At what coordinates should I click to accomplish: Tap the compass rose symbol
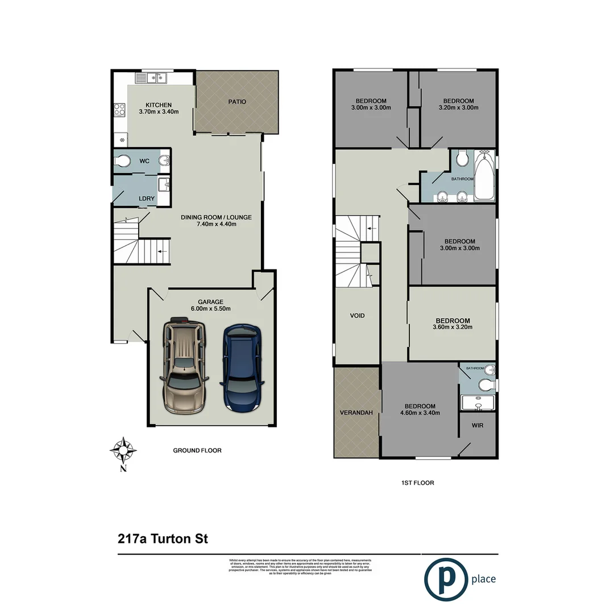pyautogui.click(x=123, y=451)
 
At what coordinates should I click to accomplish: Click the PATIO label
pyautogui.click(x=237, y=102)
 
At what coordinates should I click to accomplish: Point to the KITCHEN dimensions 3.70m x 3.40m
pyautogui.click(x=159, y=112)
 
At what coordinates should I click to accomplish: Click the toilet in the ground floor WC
pyautogui.click(x=121, y=161)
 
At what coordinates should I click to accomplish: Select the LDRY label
pyautogui.click(x=147, y=198)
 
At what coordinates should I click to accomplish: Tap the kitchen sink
pyautogui.click(x=156, y=78)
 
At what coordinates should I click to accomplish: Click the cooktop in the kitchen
pyautogui.click(x=120, y=109)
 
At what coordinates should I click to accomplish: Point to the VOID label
pyautogui.click(x=357, y=316)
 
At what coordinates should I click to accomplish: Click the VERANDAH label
pyautogui.click(x=356, y=413)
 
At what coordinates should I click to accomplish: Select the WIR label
pyautogui.click(x=478, y=425)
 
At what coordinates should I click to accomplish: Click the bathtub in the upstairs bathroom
pyautogui.click(x=484, y=177)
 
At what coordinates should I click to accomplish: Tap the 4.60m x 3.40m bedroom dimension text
pyautogui.click(x=420, y=413)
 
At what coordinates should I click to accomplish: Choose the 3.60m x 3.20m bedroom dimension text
pyautogui.click(x=453, y=327)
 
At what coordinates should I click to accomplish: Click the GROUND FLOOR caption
pyautogui.click(x=197, y=450)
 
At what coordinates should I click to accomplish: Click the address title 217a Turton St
pyautogui.click(x=162, y=538)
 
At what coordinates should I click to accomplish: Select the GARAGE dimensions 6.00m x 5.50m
pyautogui.click(x=210, y=309)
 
